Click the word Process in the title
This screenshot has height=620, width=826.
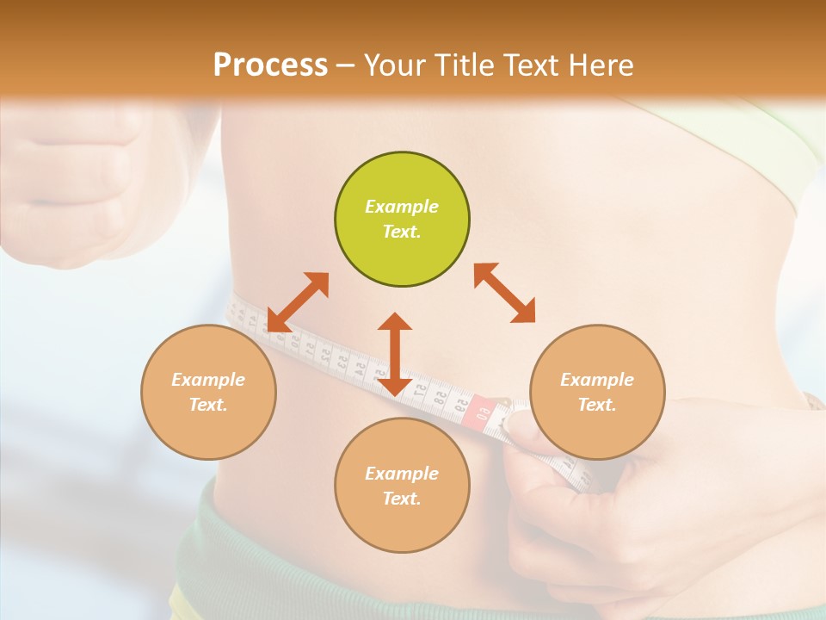point(270,65)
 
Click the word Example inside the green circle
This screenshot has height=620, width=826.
point(402,207)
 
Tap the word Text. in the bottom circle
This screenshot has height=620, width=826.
point(402,499)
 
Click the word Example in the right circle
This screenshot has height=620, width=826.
point(597,380)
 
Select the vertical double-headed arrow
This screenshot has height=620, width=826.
point(395,354)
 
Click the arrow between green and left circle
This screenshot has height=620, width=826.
point(297,302)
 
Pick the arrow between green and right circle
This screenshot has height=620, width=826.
point(504,293)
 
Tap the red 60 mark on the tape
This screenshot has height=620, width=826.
point(483,408)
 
